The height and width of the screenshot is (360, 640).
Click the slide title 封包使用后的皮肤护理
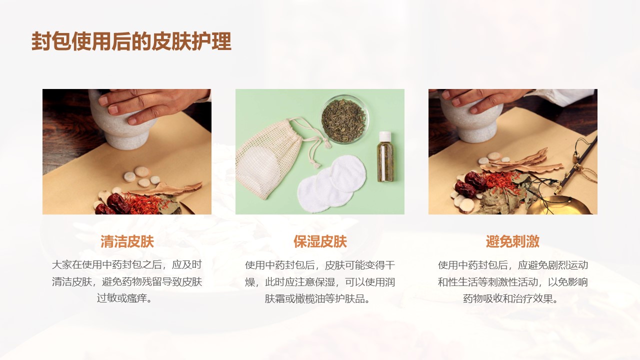(x=131, y=41)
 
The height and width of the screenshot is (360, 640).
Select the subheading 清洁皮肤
(x=127, y=241)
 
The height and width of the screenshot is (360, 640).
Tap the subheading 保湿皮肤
(x=320, y=241)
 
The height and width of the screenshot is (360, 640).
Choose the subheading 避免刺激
(x=512, y=241)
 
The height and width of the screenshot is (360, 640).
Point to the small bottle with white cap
(x=385, y=156)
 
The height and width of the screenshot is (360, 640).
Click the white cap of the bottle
(x=385, y=136)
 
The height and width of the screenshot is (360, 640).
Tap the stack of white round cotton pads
(x=331, y=183)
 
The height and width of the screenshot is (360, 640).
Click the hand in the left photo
(x=151, y=104)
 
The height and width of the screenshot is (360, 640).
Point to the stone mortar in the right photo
(x=471, y=117)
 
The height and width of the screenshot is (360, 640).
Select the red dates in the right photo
(x=468, y=184)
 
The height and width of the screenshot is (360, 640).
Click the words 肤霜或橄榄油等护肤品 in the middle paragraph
(x=314, y=299)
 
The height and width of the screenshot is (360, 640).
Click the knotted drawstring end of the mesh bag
(x=315, y=164)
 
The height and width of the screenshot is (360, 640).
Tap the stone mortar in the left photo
(x=125, y=123)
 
